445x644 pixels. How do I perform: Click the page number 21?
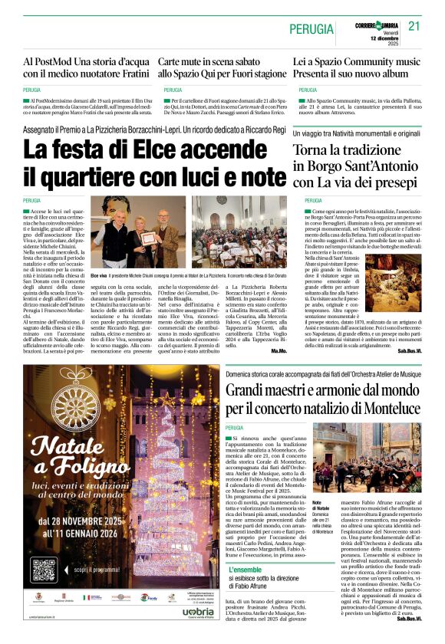(415, 25)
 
